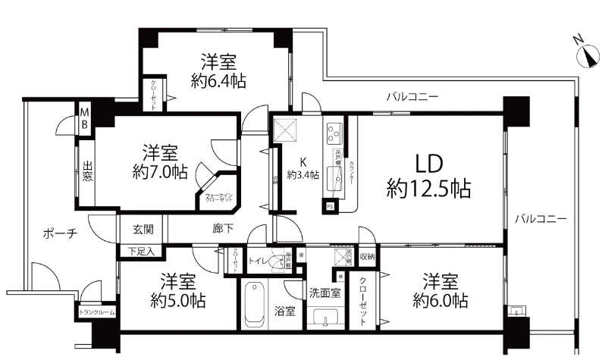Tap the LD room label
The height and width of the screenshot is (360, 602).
(x=429, y=164)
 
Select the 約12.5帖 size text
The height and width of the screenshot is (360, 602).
(x=428, y=189)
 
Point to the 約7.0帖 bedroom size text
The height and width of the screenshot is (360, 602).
(x=158, y=171)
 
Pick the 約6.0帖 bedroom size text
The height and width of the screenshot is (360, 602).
(x=440, y=300)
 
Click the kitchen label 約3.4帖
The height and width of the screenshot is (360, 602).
(x=303, y=175)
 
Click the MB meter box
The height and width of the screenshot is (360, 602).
(x=86, y=119)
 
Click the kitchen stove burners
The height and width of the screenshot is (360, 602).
(x=334, y=133)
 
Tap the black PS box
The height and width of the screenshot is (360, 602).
(x=330, y=205)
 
